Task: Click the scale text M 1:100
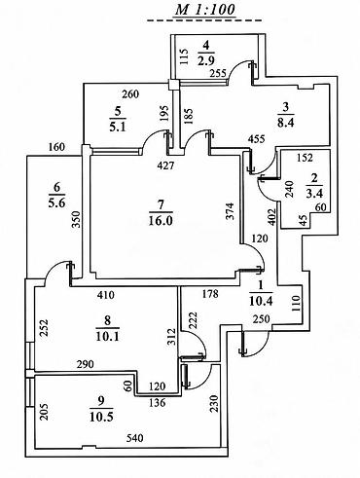204,10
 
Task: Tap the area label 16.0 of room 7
161,221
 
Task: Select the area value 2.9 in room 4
206,60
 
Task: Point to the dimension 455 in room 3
257,139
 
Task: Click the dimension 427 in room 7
165,165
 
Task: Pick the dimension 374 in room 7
230,211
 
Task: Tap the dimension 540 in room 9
134,438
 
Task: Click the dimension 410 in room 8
106,295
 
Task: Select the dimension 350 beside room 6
76,219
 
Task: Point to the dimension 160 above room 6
56,147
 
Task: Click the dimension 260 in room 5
130,94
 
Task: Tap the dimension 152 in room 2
306,158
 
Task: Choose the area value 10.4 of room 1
261,301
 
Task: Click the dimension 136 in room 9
157,403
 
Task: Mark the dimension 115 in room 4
184,57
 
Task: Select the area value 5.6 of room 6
56,203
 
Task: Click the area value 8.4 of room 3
286,123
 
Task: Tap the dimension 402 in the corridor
271,216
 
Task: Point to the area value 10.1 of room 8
107,336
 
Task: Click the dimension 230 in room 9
214,403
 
